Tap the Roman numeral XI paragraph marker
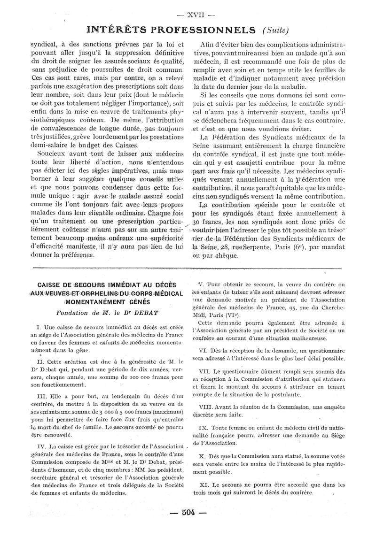coord(204,484)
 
